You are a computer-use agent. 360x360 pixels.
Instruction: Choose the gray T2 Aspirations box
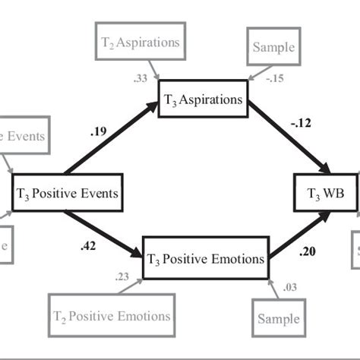[140, 43]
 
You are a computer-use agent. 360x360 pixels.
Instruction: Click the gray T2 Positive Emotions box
[112, 315]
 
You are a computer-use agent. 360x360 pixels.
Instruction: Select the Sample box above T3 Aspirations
[273, 48]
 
